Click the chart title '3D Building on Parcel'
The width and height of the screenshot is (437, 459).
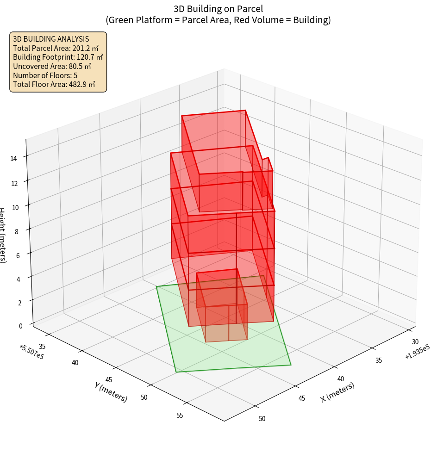[218, 8]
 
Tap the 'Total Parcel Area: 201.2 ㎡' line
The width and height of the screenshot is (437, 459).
[56, 48]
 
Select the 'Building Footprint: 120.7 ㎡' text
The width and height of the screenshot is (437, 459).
[58, 57]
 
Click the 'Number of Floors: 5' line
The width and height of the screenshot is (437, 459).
[45, 75]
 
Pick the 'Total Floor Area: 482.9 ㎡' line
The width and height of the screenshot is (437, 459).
[54, 84]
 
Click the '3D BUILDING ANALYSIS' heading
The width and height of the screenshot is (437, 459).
[51, 39]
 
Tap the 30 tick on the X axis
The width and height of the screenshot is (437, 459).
[415, 341]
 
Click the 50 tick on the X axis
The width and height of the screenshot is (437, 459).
[262, 418]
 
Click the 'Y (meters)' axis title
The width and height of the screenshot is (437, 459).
[111, 391]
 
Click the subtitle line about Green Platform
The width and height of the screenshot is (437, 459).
[218, 20]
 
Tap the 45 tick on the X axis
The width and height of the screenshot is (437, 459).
[302, 398]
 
